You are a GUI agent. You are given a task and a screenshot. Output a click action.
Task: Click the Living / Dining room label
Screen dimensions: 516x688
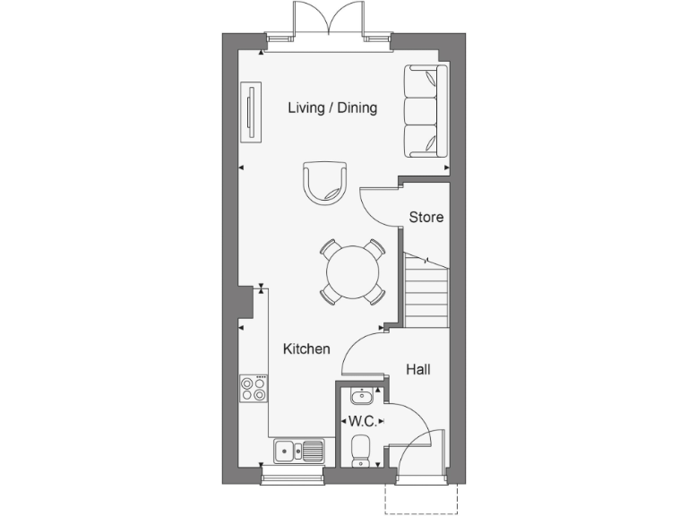[x=332, y=108]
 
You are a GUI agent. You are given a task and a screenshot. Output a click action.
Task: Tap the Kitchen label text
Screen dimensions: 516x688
[x=306, y=349]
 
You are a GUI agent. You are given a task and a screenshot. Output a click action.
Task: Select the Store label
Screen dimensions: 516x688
[x=426, y=217]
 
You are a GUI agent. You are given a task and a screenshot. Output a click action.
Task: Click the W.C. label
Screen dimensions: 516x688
[x=361, y=420]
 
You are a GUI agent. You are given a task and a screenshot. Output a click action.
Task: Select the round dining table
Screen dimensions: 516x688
[x=352, y=271]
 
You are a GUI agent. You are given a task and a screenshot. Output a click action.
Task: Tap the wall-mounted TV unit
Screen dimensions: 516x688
[x=252, y=112]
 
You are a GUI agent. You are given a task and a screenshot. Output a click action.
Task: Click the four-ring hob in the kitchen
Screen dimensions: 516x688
[x=254, y=388]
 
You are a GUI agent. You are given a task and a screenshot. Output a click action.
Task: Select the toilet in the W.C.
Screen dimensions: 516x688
[x=361, y=450]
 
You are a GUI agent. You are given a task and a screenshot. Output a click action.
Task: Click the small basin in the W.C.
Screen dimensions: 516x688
[x=361, y=396]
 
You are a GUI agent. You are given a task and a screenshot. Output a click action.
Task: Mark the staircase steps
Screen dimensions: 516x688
[x=426, y=289]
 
